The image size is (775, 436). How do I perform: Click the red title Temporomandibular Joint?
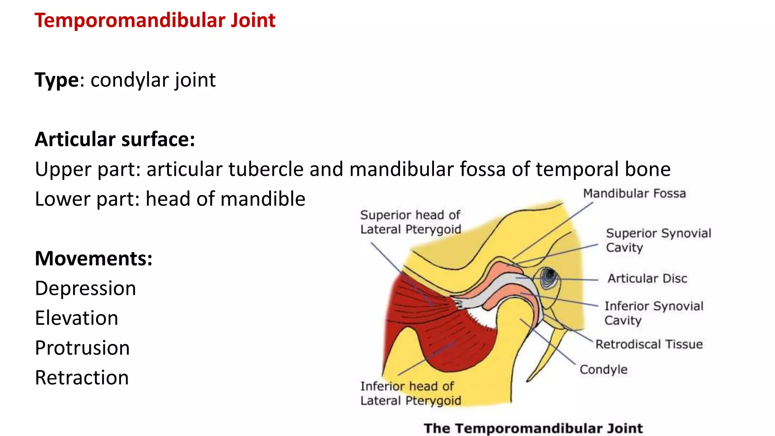point(155,20)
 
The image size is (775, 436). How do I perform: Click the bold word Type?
point(57,80)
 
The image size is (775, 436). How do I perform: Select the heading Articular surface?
point(115,139)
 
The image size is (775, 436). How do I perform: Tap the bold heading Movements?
point(94,258)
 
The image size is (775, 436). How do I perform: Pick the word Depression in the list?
point(86,288)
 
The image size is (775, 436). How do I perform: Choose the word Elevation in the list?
point(76,318)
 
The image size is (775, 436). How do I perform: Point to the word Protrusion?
point(82,348)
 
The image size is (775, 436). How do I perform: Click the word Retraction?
point(82,378)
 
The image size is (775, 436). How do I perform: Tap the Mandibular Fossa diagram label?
point(634,193)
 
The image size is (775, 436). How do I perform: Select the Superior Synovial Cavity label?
point(658,240)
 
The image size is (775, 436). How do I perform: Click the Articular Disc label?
point(647,279)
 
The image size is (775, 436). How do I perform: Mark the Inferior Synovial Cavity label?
point(654,313)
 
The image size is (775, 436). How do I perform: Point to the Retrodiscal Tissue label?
point(649,344)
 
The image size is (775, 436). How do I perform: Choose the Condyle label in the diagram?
point(603,369)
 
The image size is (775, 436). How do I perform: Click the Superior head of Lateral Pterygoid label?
point(411,222)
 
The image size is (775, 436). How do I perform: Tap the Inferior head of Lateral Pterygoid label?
point(411,393)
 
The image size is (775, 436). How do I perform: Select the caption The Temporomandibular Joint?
point(533,428)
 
